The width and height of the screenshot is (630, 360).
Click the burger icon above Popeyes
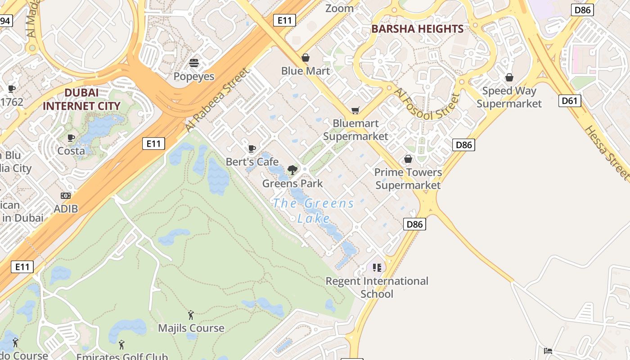[x=194, y=63]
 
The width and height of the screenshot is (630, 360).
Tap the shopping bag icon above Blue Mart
[x=306, y=58]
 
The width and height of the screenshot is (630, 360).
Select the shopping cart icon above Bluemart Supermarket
[x=355, y=110]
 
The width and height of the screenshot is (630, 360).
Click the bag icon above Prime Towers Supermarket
[x=408, y=159]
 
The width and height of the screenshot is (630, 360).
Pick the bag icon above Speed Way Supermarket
[x=509, y=77]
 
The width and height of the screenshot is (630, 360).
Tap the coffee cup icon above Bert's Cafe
[x=252, y=148]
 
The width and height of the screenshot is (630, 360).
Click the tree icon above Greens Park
[x=292, y=170]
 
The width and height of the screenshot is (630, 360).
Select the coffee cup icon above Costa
[x=71, y=138]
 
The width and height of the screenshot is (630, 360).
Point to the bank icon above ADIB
[x=66, y=196]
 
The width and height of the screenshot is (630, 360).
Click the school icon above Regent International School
[x=377, y=268]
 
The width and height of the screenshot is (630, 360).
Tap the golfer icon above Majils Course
[x=191, y=315]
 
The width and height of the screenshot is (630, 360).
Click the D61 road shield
[x=569, y=101]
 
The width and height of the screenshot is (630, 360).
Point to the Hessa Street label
[x=607, y=152]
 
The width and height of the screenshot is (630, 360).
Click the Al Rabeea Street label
[x=216, y=100]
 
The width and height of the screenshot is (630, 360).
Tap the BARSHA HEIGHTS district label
[x=417, y=29]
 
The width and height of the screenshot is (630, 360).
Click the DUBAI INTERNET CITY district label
[x=81, y=99]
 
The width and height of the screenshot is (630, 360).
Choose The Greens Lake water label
[x=314, y=211]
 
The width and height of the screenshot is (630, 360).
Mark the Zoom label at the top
[x=339, y=8]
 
